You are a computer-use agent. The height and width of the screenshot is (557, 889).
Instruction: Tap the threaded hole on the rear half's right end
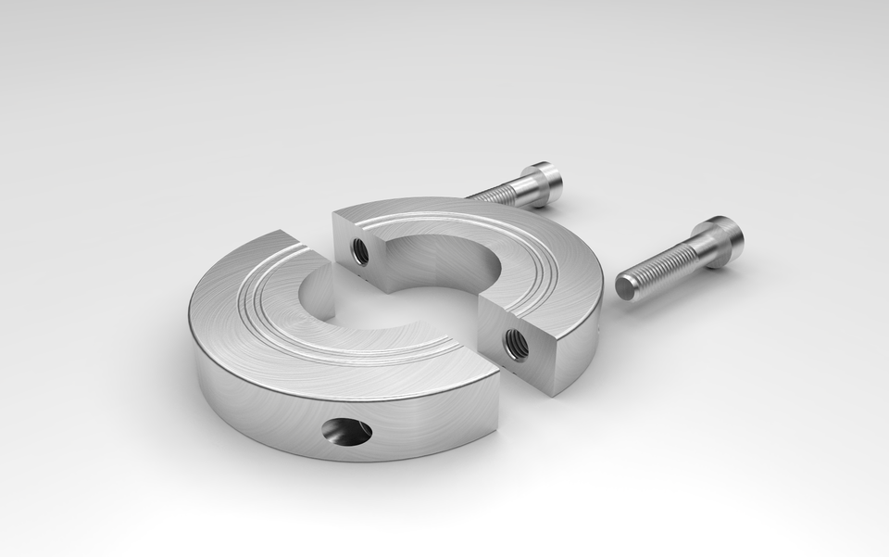pyautogui.click(x=515, y=344)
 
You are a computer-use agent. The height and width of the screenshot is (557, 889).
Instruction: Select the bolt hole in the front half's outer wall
pyautogui.click(x=347, y=431)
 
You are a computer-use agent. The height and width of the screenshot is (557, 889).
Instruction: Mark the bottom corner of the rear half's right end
pyautogui.click(x=554, y=393)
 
